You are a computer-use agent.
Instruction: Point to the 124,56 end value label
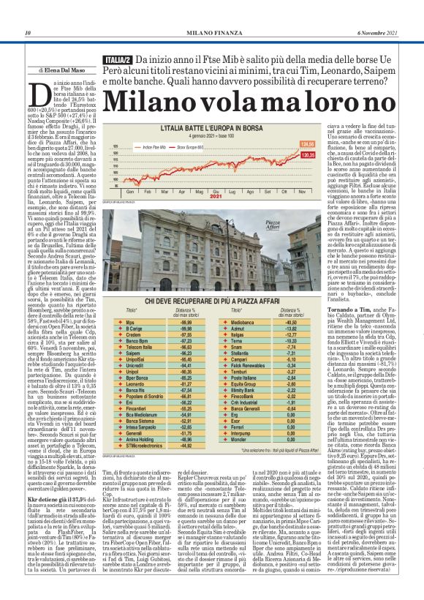pos(308,143)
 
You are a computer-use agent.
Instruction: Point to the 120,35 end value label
pos(308,154)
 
